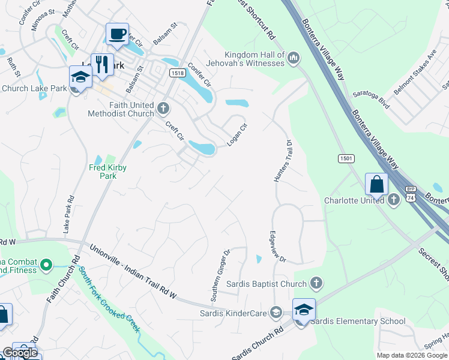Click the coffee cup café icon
[x=118, y=34]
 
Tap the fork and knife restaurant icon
[x=103, y=65]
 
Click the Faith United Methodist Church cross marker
[x=163, y=109]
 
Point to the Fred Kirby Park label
[x=108, y=172]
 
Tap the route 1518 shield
[x=176, y=73]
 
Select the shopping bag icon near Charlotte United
[x=376, y=184]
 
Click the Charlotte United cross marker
[x=394, y=200]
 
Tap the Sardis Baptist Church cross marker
[x=316, y=283]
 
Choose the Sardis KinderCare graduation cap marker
[x=276, y=312]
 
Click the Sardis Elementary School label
[x=358, y=321]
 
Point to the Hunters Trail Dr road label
[x=283, y=161]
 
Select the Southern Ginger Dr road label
[x=219, y=275]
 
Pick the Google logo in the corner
[x=20, y=352]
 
